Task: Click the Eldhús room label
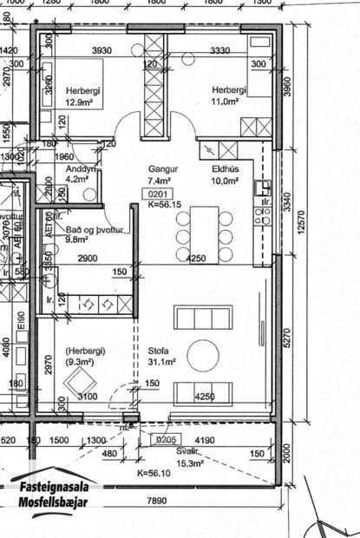pyautogui.click(x=225, y=170)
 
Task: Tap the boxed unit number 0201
pyautogui.click(x=158, y=194)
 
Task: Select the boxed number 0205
pyautogui.click(x=165, y=440)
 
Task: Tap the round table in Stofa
pyautogui.click(x=204, y=354)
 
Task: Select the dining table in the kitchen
pyautogui.click(x=205, y=233)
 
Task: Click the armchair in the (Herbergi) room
pyautogui.click(x=82, y=380)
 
